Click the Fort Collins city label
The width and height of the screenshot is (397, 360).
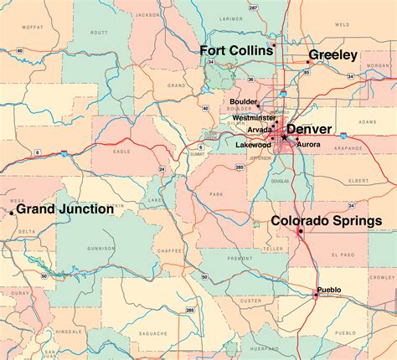pyautogui.click(x=235, y=51)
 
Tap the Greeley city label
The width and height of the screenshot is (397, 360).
pyautogui.click(x=333, y=55)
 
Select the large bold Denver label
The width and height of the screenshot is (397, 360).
pyautogui.click(x=309, y=130)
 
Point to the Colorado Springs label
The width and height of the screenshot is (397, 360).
pyautogui.click(x=326, y=221)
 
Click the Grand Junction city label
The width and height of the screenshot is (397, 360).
pyautogui.click(x=65, y=209)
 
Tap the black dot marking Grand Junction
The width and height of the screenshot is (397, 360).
pyautogui.click(x=11, y=213)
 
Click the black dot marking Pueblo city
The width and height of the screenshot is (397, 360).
pyautogui.click(x=316, y=294)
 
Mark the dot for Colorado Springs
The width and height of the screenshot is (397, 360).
pyautogui.click(x=300, y=229)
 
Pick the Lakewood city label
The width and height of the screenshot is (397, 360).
pyautogui.click(x=254, y=145)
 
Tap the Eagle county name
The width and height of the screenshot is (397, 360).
pyautogui.click(x=123, y=152)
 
